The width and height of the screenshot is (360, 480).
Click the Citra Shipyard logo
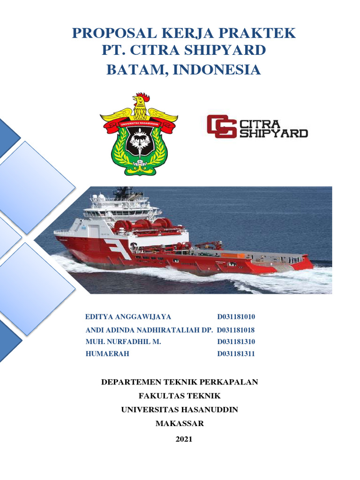(x=257, y=127)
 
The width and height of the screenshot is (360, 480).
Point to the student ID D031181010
(x=236, y=317)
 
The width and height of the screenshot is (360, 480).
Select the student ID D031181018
(x=236, y=330)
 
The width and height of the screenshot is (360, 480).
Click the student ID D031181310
(x=236, y=342)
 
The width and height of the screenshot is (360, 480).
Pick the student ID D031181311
(x=236, y=354)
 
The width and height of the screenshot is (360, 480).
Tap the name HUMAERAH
(x=107, y=354)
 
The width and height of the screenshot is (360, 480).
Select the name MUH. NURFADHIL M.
(x=123, y=342)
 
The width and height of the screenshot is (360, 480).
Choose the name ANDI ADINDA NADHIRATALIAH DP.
(x=150, y=330)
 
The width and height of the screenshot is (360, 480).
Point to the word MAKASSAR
(x=180, y=424)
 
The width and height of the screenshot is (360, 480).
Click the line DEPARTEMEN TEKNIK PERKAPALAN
(x=180, y=382)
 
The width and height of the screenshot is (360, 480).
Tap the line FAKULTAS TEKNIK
(x=180, y=396)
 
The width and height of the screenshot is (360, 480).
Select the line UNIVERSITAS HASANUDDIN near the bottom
(x=180, y=410)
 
